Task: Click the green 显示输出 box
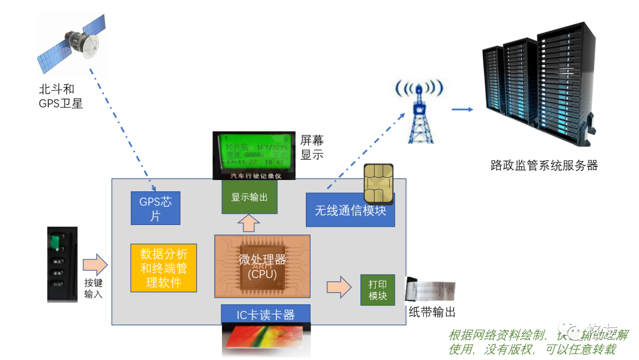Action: click(x=249, y=197)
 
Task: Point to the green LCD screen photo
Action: click(x=253, y=155)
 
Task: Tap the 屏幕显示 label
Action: click(x=312, y=147)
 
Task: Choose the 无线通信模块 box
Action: click(x=350, y=210)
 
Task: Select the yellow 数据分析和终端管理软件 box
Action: click(x=163, y=268)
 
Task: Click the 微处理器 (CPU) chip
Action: click(x=262, y=266)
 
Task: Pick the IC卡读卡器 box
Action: click(x=265, y=314)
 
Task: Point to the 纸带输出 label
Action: click(x=432, y=313)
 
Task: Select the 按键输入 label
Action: click(x=93, y=288)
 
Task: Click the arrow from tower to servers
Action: click(x=462, y=110)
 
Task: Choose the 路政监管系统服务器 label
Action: click(x=544, y=165)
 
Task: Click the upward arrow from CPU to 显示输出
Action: click(x=248, y=223)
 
